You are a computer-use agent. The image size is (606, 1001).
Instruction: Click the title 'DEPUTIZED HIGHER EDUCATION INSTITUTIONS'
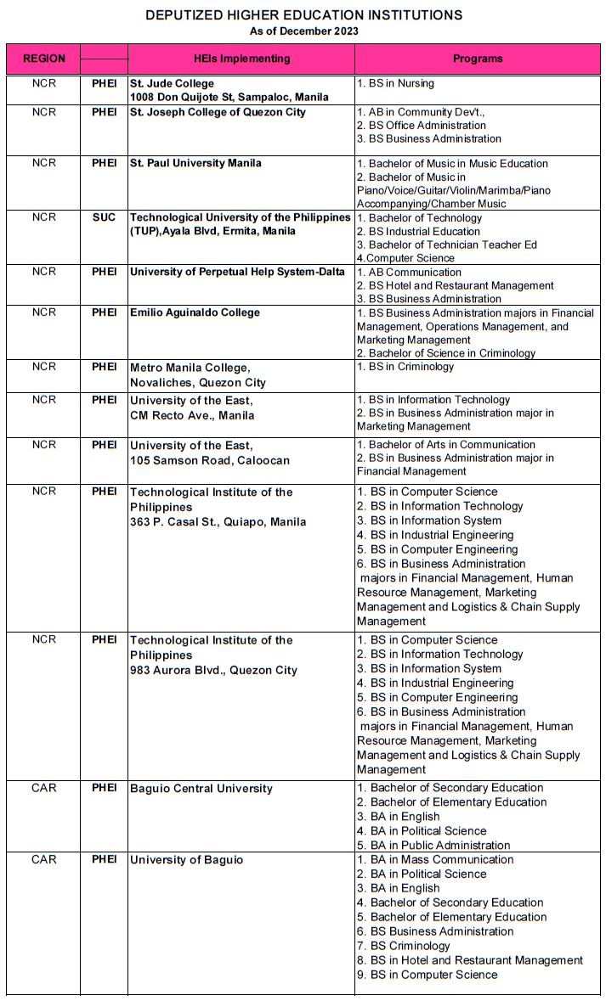[303, 15]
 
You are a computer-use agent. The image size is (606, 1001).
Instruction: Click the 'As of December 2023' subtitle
[303, 31]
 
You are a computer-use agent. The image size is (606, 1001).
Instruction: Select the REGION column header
[43, 59]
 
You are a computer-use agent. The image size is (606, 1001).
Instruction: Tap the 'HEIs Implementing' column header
[241, 59]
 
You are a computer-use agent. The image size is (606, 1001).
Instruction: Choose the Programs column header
[478, 59]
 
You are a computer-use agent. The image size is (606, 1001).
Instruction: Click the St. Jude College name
[172, 84]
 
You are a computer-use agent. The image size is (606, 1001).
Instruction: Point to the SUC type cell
[104, 218]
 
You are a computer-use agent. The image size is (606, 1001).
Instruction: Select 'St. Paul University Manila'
[195, 164]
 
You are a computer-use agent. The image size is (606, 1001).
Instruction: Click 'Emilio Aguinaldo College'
[195, 313]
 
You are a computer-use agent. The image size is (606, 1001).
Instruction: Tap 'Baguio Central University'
[201, 789]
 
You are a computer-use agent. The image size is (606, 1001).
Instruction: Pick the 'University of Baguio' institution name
[186, 860]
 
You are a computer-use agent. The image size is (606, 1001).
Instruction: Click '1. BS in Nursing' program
[395, 84]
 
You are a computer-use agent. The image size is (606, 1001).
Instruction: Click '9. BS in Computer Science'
[427, 975]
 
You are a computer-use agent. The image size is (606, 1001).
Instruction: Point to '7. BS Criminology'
[403, 946]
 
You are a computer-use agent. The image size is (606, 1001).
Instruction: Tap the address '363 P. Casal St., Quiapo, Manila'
[218, 522]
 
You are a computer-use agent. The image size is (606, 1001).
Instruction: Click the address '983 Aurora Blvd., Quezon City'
[213, 670]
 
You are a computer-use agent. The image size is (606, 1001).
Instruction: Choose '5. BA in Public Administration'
[433, 846]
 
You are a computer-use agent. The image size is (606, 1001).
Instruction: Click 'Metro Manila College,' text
[190, 368]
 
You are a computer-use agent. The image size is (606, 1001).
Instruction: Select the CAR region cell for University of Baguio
[43, 860]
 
